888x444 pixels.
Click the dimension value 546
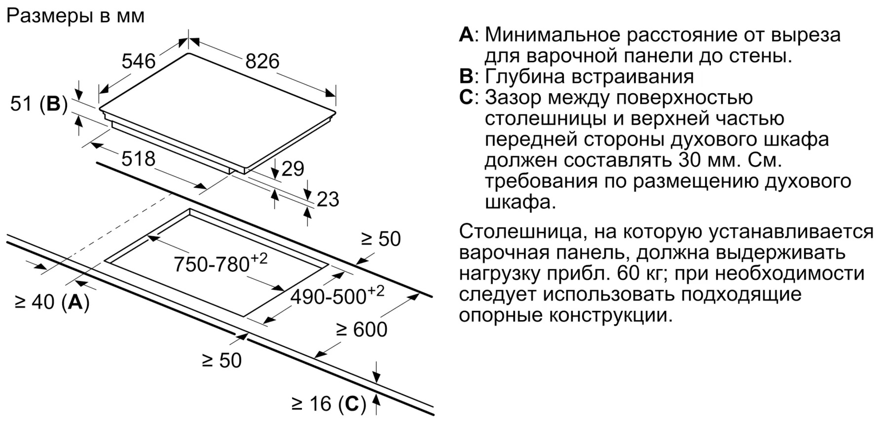pyautogui.click(x=139, y=61)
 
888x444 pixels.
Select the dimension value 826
pyautogui.click(x=262, y=61)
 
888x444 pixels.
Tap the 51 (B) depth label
pyautogui.click(x=39, y=104)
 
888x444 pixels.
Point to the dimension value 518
pyautogui.click(x=139, y=159)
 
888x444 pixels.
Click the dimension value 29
pyautogui.click(x=293, y=169)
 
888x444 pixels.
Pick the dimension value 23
pyautogui.click(x=328, y=199)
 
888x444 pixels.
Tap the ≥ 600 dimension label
pyautogui.click(x=362, y=330)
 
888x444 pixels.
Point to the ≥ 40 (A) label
pyautogui.click(x=52, y=302)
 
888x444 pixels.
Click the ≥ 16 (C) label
pyautogui.click(x=329, y=404)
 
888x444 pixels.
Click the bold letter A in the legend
pyautogui.click(x=466, y=35)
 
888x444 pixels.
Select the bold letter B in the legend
pyautogui.click(x=466, y=76)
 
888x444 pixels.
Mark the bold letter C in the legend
pyautogui.click(x=466, y=97)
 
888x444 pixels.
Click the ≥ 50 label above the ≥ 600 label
pyautogui.click(x=381, y=239)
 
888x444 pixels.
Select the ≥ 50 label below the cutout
pyautogui.click(x=222, y=361)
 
